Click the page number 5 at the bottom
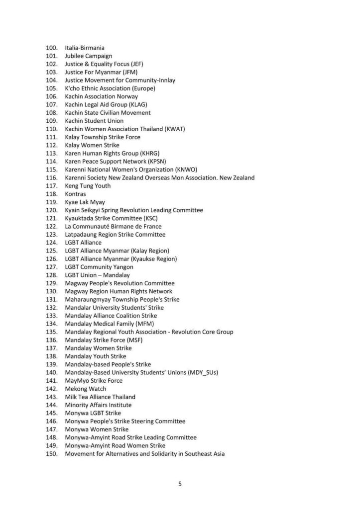click(180, 484)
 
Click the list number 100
click(51, 48)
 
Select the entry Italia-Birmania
click(85, 48)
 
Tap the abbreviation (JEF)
click(134, 64)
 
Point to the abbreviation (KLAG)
click(137, 104)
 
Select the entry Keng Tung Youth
click(88, 186)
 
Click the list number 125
click(51, 251)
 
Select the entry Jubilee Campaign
click(89, 56)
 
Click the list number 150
click(51, 454)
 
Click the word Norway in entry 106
click(127, 96)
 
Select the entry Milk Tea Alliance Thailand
click(101, 397)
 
